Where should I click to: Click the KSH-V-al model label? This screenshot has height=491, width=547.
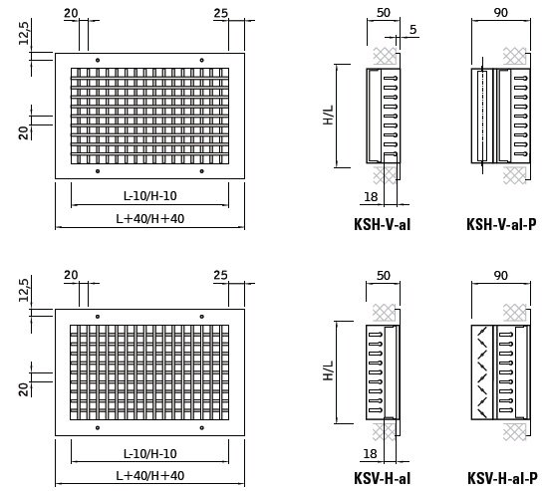pos(382,224)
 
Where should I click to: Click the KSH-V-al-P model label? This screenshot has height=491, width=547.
pos(501,224)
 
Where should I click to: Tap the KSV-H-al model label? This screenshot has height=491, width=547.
pos(382,478)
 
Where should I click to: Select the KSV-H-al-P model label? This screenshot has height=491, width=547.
pos(502,478)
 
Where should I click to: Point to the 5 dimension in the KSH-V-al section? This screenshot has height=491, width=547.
pos(413,30)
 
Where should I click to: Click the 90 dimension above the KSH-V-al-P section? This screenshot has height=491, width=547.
pos(500,13)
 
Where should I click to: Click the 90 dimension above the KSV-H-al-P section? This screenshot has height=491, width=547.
pos(500,276)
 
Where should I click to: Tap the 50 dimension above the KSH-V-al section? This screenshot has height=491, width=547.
pos(383,13)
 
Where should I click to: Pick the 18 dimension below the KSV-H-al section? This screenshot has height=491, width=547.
pos(370,454)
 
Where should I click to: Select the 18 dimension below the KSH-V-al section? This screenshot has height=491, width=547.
pos(371,197)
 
